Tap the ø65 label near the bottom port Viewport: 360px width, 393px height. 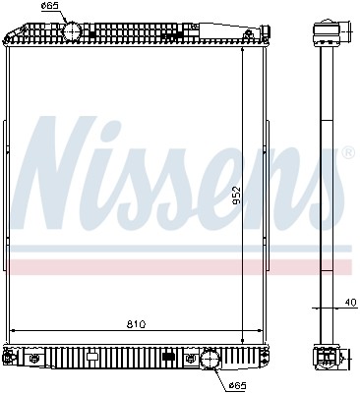point(237,383)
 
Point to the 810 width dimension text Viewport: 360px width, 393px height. point(138,322)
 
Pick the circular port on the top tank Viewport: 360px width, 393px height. point(72,31)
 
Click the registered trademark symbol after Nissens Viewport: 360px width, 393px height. point(346,153)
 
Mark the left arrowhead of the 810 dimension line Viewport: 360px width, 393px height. point(12,330)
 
